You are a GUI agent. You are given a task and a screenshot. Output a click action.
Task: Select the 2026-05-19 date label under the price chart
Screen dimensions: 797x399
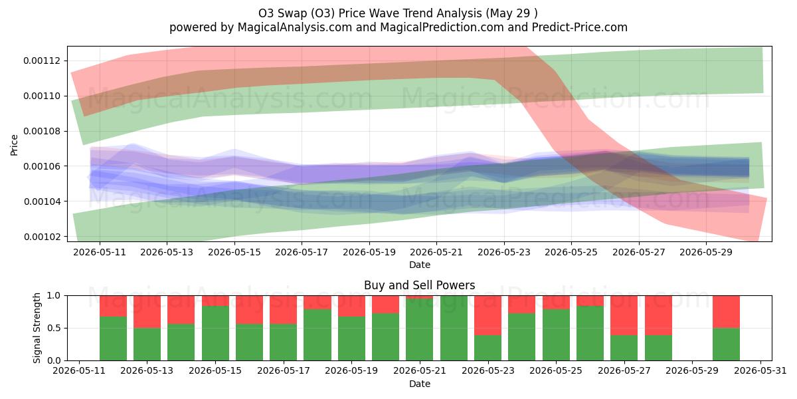pos(369,252)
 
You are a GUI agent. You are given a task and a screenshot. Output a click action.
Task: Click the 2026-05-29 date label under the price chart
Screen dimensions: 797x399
pos(706,252)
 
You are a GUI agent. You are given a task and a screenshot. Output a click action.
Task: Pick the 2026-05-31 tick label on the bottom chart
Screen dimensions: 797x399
pos(760,371)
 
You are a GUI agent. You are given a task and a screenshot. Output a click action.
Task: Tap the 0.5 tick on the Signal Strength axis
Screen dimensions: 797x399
pos(54,328)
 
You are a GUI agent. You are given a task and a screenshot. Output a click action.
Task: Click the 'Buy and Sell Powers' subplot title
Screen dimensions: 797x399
pos(420,285)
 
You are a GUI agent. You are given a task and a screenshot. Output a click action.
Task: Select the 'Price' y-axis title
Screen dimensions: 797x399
pos(14,145)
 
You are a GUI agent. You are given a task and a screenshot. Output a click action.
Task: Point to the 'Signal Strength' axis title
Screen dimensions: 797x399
pos(37,328)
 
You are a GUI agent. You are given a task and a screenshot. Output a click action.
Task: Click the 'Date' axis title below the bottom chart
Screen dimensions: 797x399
pos(420,384)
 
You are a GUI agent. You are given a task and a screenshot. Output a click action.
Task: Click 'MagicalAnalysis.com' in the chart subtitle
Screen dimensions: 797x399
pos(295,27)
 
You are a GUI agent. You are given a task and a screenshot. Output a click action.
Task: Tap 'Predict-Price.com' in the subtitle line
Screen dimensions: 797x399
pos(580,27)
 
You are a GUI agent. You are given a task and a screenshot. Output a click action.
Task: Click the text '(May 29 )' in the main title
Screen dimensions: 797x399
pos(511,13)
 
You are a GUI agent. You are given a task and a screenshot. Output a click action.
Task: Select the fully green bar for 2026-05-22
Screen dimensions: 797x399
pos(454,328)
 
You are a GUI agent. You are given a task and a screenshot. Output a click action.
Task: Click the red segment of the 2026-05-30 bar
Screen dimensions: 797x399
pos(726,312)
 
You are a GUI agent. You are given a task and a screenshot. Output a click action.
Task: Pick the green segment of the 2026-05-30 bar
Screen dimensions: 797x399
pos(726,344)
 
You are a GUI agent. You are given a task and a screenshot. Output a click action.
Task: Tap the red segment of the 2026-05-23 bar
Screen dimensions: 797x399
pos(487,315)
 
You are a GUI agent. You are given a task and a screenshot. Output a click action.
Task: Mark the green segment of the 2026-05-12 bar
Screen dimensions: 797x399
pos(113,338)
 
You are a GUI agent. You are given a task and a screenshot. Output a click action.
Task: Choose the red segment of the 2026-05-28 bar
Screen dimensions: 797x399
pos(658,315)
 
